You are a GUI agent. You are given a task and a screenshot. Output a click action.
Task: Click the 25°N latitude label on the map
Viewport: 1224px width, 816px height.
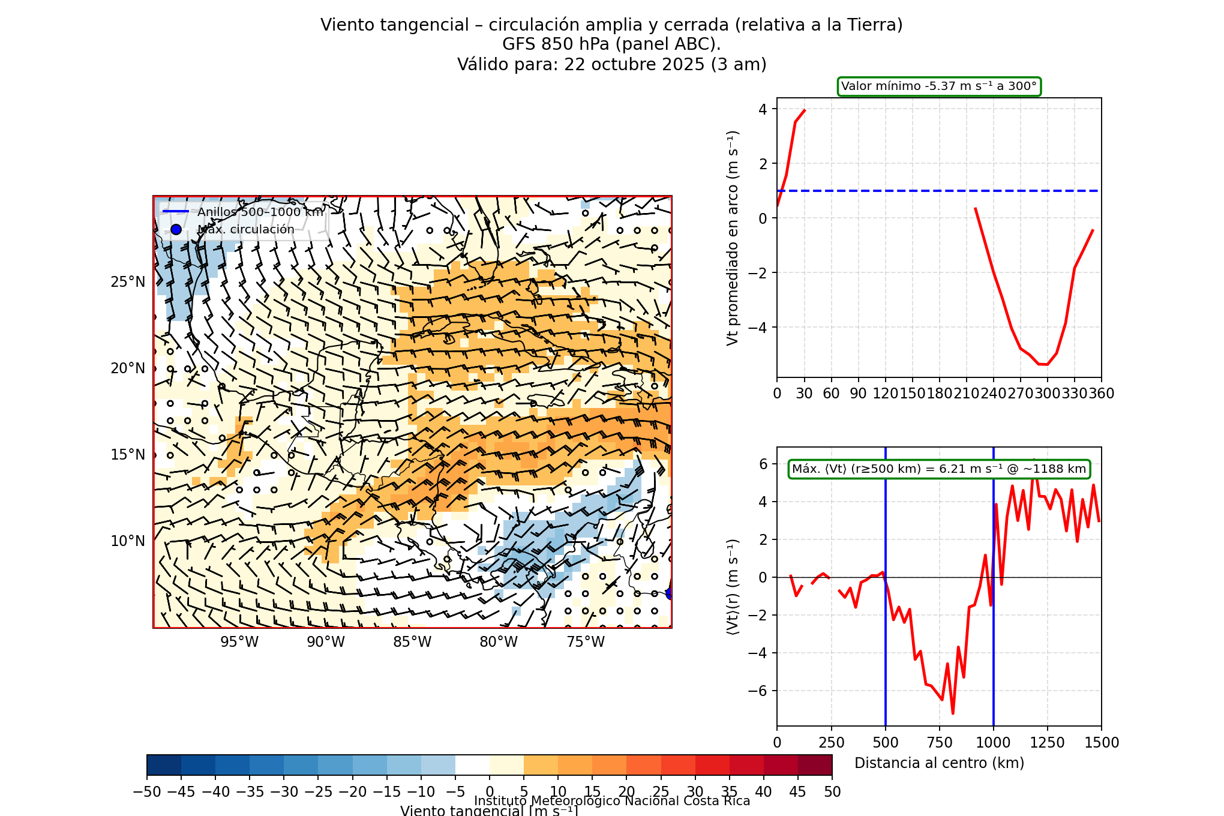[x=127, y=282]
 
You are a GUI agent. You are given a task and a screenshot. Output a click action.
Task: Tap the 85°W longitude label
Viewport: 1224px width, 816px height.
[x=412, y=642]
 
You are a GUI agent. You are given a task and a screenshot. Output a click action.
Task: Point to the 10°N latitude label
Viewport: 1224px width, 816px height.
[x=127, y=541]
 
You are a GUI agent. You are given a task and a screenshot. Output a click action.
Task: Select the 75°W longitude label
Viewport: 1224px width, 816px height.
[x=585, y=642]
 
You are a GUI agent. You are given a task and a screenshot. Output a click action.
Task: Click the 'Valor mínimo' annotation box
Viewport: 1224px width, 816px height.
[x=939, y=86]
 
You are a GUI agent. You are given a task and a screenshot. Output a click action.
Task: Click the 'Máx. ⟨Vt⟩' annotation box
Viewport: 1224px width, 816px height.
[x=939, y=469]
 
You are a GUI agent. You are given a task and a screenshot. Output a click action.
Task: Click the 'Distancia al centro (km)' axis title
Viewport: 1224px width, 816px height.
[x=939, y=763]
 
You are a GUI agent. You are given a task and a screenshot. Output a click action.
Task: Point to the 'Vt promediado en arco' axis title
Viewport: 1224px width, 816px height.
[x=732, y=238]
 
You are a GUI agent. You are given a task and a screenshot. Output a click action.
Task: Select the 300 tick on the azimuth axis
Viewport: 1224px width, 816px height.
[x=1048, y=394]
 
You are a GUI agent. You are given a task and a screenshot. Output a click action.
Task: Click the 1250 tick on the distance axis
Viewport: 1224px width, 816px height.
[x=1048, y=743]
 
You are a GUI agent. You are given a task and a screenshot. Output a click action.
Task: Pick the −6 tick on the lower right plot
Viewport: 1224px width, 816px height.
[x=758, y=691]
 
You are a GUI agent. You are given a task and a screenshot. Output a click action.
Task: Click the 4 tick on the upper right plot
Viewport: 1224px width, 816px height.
[x=763, y=109]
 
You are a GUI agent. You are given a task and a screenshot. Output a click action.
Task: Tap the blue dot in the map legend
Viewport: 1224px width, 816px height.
[x=176, y=229]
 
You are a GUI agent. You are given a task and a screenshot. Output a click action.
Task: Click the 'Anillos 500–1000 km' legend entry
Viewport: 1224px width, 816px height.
[x=260, y=212]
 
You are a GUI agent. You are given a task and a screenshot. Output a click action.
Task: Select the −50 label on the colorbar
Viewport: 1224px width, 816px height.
[x=147, y=792]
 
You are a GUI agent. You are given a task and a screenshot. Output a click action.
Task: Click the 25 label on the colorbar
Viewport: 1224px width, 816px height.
[x=661, y=792]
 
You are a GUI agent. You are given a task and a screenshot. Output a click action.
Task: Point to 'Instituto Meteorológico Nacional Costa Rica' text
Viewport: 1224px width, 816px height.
[x=612, y=801]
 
